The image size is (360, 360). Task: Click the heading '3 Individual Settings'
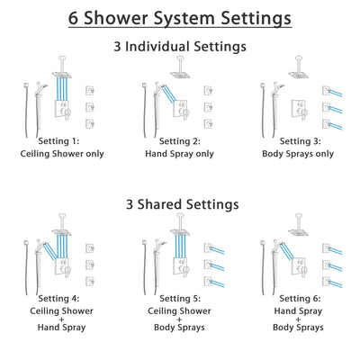coord(180,47)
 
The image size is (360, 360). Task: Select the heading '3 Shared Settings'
coord(180,204)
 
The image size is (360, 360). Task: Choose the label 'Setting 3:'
coord(297,141)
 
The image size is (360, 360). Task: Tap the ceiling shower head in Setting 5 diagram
coord(181,231)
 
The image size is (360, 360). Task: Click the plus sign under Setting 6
coord(297,315)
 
